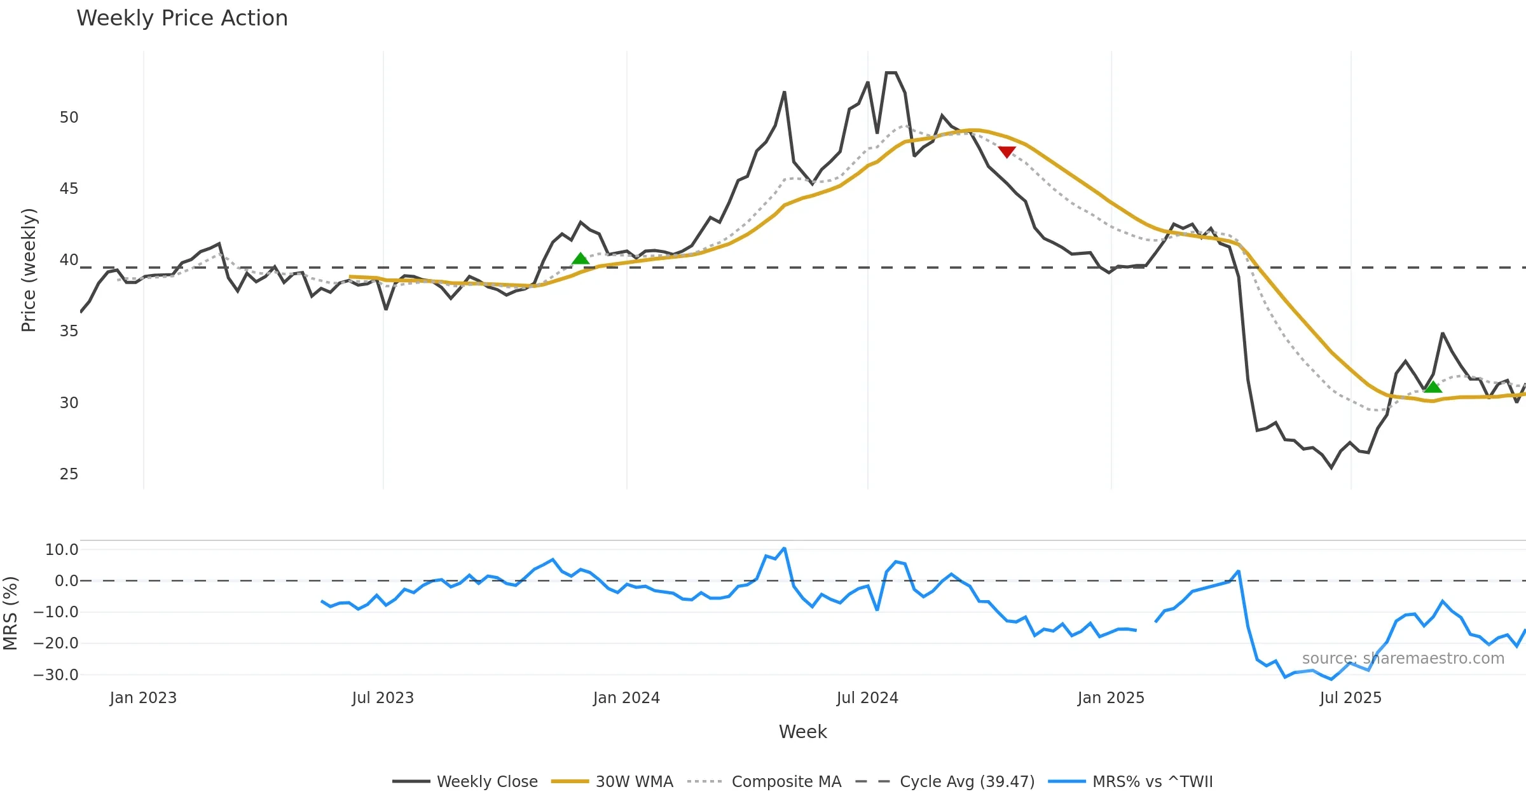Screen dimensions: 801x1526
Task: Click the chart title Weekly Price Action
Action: (182, 18)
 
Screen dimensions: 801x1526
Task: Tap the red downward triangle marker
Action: (1007, 152)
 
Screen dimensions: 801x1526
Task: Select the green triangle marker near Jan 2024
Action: (580, 258)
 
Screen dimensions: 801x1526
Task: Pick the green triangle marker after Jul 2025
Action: (1433, 387)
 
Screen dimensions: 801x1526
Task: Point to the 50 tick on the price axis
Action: (69, 118)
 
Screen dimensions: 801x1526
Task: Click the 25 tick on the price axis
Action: (69, 474)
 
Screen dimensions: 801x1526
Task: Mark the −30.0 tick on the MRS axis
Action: (56, 675)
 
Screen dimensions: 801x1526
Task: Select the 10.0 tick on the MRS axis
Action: (61, 550)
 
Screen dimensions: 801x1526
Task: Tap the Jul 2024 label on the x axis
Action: (867, 698)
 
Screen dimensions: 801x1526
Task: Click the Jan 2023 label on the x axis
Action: (143, 698)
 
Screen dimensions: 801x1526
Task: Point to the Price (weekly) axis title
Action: (29, 270)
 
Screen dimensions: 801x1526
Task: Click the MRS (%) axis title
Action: (10, 613)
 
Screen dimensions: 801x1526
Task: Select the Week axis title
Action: (802, 732)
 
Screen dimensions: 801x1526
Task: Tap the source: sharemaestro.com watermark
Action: (1403, 659)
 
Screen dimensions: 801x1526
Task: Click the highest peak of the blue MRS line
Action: (785, 548)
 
